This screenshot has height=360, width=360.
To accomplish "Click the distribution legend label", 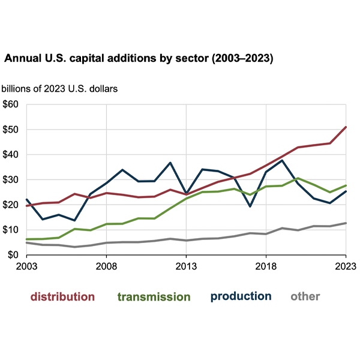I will point(62,296).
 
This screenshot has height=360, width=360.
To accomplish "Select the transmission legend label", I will point(154,296).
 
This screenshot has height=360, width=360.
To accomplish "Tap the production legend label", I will point(241,296).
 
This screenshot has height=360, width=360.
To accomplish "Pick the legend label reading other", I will point(305,296).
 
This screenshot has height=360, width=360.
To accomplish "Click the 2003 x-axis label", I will point(27,265).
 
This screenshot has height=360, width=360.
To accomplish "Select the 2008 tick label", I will point(106,265).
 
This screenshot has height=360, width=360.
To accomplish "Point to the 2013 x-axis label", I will point(186,265).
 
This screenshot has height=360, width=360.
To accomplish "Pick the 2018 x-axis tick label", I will point(266,265).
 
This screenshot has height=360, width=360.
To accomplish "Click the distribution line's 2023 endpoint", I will point(346,127).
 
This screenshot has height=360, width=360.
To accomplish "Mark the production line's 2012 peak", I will point(170,163).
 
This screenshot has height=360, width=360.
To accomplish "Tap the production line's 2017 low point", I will point(250,206).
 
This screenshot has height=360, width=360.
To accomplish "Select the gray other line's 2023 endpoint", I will point(346,223).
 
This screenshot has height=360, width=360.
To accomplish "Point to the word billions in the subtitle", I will point(18,89).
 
